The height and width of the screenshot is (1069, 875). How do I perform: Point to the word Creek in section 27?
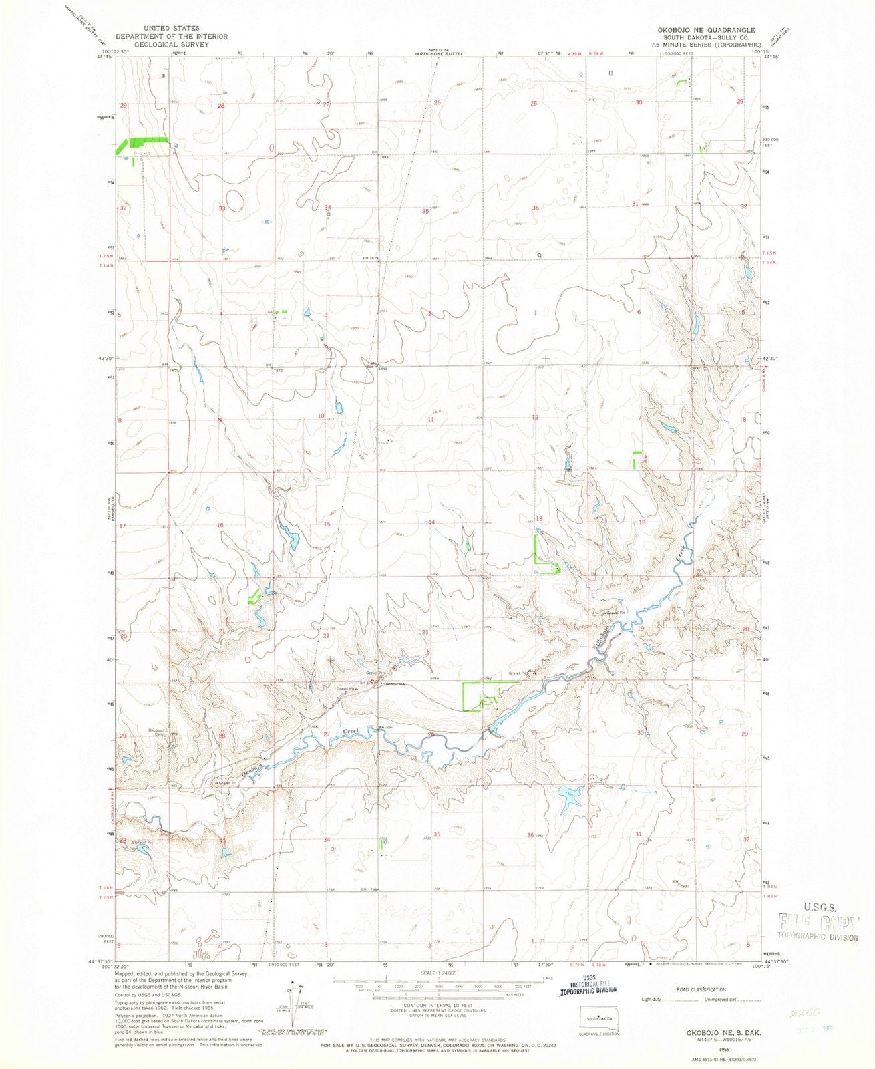[351, 732]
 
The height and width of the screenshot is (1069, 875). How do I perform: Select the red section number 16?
[220, 526]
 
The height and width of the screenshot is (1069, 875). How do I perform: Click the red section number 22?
[327, 636]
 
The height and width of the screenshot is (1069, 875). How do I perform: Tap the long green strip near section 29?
[144, 142]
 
